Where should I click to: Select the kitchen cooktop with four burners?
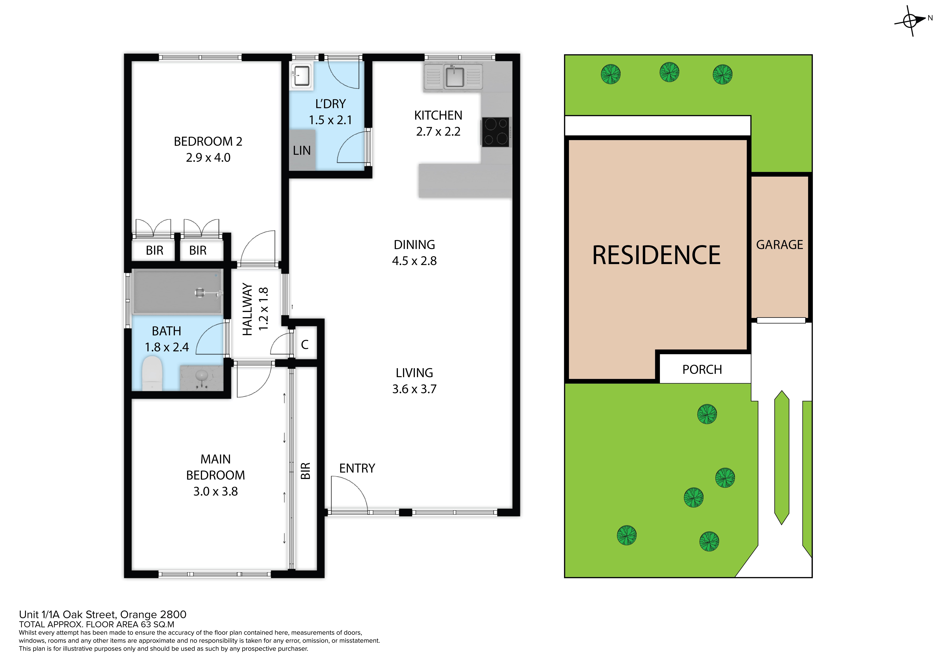coord(496,132)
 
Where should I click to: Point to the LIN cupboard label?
coord(302,151)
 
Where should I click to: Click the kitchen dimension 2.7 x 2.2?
coord(438,132)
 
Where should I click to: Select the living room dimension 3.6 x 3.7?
coord(414,389)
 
